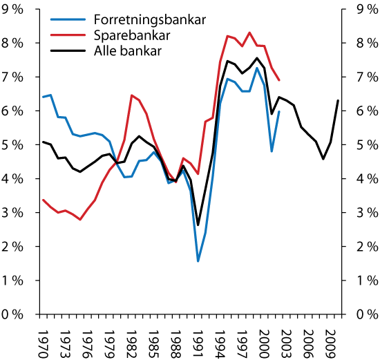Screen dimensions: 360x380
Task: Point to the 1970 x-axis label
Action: click(43, 338)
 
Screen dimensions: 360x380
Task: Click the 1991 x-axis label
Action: click(198, 338)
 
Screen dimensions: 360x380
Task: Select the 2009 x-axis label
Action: click(330, 338)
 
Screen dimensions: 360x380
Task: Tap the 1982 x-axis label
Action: click(131, 338)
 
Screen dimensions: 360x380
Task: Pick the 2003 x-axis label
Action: click(286, 338)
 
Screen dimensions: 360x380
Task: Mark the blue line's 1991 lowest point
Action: click(198, 261)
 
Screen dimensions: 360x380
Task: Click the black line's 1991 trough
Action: click(198, 225)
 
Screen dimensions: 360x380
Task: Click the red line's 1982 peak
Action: click(131, 95)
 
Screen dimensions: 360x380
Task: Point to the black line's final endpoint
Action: click(338, 101)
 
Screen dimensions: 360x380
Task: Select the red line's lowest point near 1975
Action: click(80, 220)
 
